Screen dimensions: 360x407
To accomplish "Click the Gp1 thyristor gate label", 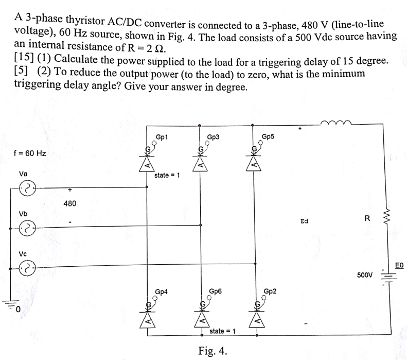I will (x=161, y=137).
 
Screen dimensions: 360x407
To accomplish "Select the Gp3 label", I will (x=213, y=138).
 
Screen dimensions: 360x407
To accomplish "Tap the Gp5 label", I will (x=268, y=136).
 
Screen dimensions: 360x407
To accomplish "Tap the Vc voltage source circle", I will (x=27, y=267).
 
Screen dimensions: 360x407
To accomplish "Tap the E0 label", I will (x=400, y=265).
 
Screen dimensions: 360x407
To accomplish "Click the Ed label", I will (x=304, y=221).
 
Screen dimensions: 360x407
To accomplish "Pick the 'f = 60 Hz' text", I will (x=30, y=153).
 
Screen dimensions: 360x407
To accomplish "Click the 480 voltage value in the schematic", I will (x=70, y=203).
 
